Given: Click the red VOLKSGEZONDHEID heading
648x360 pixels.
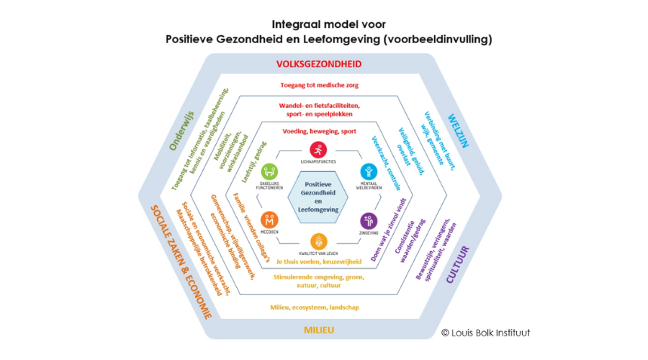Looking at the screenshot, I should pyautogui.click(x=319, y=64).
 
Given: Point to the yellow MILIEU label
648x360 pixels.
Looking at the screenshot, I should pyautogui.click(x=318, y=331).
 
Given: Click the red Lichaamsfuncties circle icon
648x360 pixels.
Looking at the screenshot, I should pyautogui.click(x=318, y=150).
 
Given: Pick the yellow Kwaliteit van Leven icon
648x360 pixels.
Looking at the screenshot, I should pyautogui.click(x=318, y=242).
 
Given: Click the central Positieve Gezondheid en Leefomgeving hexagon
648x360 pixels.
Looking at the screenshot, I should pyautogui.click(x=318, y=197).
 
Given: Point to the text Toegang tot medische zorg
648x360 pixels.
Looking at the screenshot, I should pyautogui.click(x=319, y=86).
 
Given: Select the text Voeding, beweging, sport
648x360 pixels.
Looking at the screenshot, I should pyautogui.click(x=319, y=132).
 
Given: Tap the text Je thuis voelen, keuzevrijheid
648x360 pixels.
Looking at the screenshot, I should pyautogui.click(x=318, y=261).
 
